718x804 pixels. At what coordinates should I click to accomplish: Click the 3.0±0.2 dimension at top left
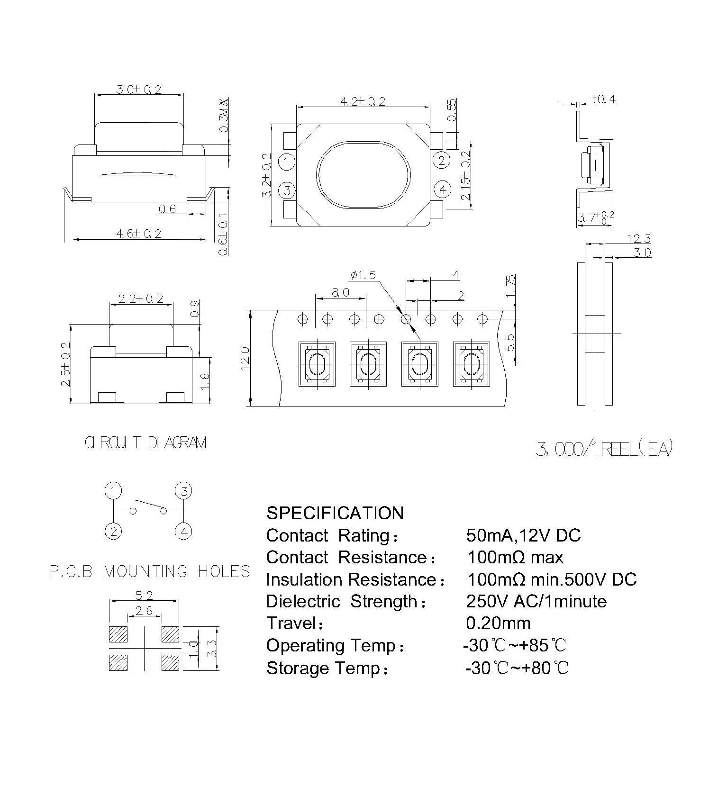138,89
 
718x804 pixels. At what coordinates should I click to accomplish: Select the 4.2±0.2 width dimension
363,101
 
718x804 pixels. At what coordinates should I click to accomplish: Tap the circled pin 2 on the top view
442,161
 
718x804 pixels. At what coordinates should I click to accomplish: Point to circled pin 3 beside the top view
287,191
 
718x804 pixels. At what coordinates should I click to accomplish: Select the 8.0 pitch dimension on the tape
340,292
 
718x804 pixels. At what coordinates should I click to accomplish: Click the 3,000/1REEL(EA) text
604,449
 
